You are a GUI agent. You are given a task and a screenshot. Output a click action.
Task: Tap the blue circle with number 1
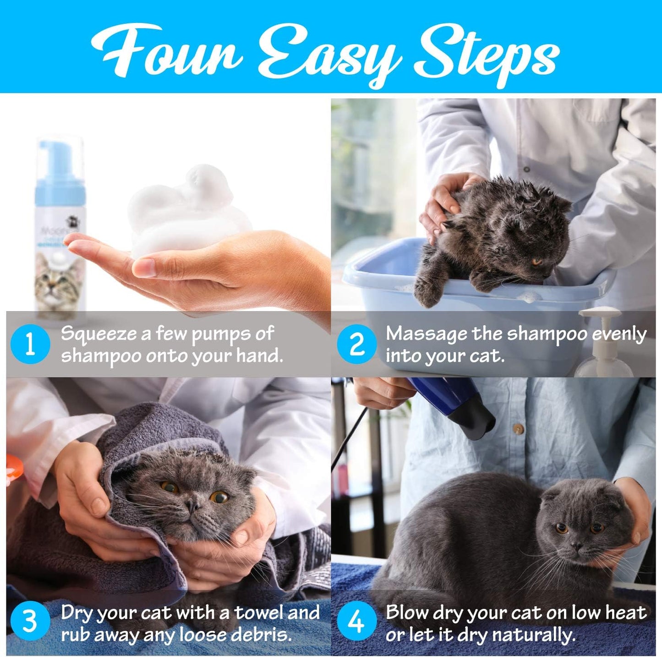(x=30, y=344)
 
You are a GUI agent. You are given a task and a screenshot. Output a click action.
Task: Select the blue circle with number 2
(x=356, y=344)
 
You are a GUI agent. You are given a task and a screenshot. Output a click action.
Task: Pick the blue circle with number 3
(x=30, y=622)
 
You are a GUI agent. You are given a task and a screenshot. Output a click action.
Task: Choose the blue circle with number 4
(x=356, y=622)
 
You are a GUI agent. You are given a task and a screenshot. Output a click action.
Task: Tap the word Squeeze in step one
(x=99, y=334)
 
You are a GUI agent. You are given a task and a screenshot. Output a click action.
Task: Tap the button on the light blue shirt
(x=518, y=429)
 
